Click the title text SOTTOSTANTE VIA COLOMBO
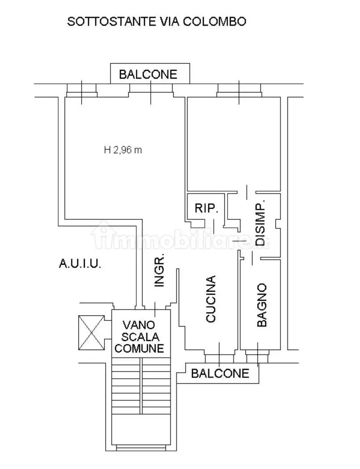(x=156, y=21)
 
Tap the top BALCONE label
(x=148, y=74)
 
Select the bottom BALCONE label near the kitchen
(x=220, y=373)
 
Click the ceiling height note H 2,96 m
(x=123, y=150)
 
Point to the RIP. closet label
(x=206, y=208)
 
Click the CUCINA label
(x=211, y=299)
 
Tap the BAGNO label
(x=262, y=305)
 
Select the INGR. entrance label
(x=159, y=270)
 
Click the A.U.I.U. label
(x=80, y=264)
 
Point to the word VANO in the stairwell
(x=139, y=325)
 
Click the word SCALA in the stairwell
(x=140, y=337)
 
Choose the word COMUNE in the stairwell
(x=139, y=348)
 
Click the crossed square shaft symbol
(x=92, y=333)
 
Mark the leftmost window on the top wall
(x=82, y=90)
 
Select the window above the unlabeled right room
(x=239, y=90)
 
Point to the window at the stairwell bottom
(x=141, y=448)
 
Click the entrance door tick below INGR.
(x=155, y=310)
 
